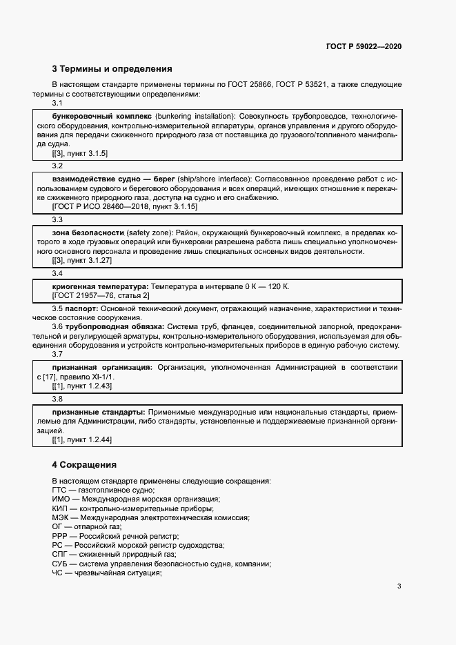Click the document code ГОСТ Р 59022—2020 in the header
coord(364,46)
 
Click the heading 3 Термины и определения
coord(112,69)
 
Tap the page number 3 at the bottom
coord(399,586)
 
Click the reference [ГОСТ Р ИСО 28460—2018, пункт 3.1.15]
coord(125,206)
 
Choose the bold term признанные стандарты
coord(99,412)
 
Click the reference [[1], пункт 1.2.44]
coord(82,439)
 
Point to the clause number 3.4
coord(57,272)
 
